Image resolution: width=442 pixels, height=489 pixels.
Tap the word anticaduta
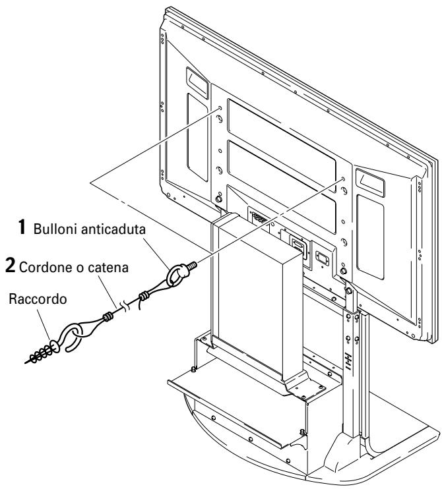(x=113, y=229)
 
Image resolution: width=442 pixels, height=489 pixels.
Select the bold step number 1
(x=22, y=227)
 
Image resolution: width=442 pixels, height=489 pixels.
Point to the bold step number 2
(x=10, y=266)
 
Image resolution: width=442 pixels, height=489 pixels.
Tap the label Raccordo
(x=38, y=299)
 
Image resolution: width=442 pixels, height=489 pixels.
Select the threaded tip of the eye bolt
(x=192, y=266)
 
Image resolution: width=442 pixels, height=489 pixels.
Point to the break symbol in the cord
(x=125, y=306)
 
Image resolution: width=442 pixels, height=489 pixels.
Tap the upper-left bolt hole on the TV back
(x=220, y=108)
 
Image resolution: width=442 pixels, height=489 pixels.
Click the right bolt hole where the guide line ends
(x=344, y=179)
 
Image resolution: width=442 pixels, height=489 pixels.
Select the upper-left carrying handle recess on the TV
(x=197, y=82)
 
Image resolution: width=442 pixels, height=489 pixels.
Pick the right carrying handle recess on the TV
(x=370, y=183)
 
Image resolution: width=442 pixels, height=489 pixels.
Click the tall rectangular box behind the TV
(x=260, y=294)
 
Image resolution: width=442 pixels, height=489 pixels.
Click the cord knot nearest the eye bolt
(x=144, y=295)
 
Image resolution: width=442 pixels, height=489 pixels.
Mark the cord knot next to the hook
(x=108, y=317)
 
